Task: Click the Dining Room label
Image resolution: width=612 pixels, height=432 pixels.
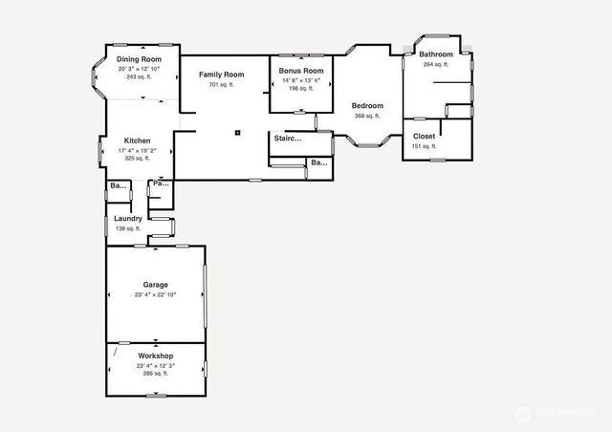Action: pyautogui.click(x=139, y=59)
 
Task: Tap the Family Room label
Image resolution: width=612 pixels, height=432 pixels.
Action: pyautogui.click(x=221, y=75)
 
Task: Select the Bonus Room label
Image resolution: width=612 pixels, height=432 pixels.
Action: pyautogui.click(x=300, y=72)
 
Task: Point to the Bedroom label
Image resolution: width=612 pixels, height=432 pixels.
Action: pyautogui.click(x=367, y=106)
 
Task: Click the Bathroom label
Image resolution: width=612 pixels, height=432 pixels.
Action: pyautogui.click(x=435, y=54)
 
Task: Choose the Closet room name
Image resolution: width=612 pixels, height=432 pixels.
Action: pyautogui.click(x=424, y=137)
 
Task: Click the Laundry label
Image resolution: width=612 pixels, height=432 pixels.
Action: pyautogui.click(x=127, y=219)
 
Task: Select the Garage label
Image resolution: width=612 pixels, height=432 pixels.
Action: pyautogui.click(x=155, y=285)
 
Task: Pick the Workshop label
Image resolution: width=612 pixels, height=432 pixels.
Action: pyautogui.click(x=155, y=356)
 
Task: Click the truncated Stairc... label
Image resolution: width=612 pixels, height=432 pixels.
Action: pyautogui.click(x=288, y=139)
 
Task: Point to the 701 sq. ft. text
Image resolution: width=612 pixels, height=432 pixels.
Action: pyautogui.click(x=221, y=85)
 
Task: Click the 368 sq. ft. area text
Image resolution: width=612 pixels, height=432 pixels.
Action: pyautogui.click(x=367, y=117)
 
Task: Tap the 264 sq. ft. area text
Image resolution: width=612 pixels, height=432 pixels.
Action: pyautogui.click(x=435, y=64)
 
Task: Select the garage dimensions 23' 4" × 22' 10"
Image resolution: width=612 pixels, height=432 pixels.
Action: pyautogui.click(x=155, y=295)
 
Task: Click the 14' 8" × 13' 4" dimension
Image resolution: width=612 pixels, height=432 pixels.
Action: pyautogui.click(x=300, y=80)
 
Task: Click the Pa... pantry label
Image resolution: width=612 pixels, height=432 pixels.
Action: pyautogui.click(x=159, y=183)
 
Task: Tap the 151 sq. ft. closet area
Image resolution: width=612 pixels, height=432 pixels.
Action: pyautogui.click(x=424, y=146)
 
